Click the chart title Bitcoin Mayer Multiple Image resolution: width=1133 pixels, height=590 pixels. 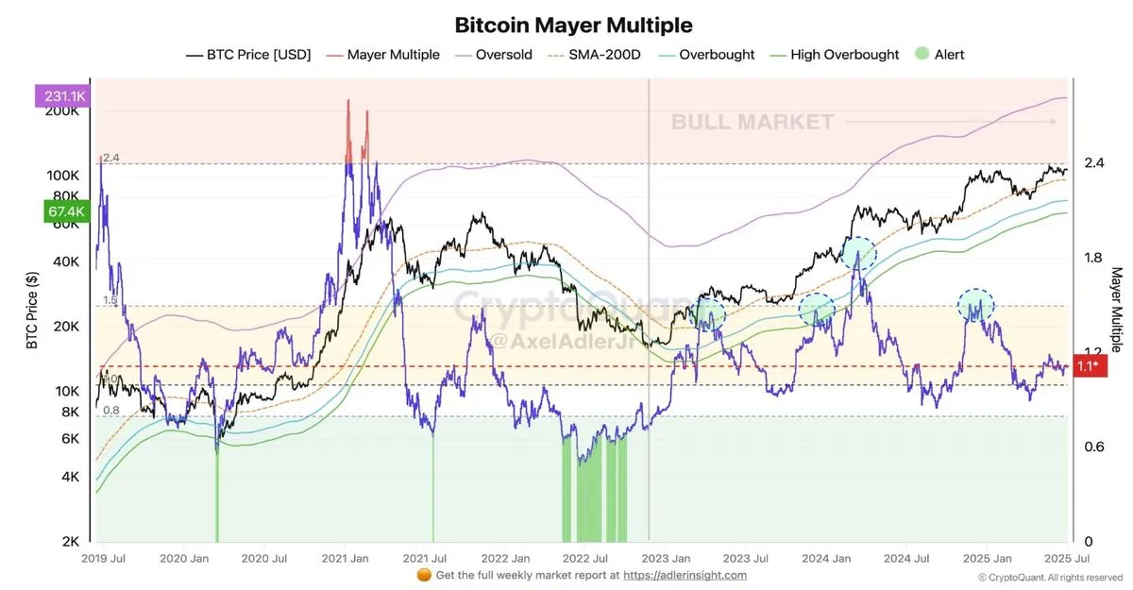click(x=573, y=25)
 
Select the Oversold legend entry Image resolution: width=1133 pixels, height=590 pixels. click(x=503, y=55)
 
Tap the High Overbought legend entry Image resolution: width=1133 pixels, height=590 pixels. click(x=844, y=55)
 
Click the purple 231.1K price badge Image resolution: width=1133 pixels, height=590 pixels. click(x=62, y=95)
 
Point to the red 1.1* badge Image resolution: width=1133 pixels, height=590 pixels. click(x=1088, y=366)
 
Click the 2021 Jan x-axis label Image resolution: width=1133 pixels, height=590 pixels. click(x=348, y=558)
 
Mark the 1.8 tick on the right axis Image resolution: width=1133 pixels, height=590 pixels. click(x=1093, y=258)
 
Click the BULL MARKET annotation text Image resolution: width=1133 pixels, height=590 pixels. click(x=753, y=122)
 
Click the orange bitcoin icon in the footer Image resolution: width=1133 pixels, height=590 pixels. click(x=423, y=574)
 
